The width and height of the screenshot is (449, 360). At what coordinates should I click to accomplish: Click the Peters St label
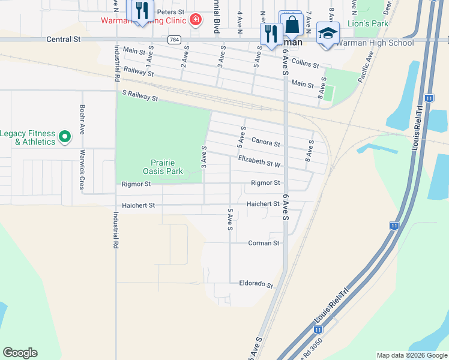coord(170,12)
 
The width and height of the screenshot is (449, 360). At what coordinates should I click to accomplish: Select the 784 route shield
coord(174,40)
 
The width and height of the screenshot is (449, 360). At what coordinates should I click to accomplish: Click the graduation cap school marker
coord(328,33)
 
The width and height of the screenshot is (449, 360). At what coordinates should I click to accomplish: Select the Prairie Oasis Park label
coord(166,166)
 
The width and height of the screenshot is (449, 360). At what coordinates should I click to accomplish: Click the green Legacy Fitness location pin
coord(64,137)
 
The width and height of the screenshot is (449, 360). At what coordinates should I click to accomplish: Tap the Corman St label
coord(264,243)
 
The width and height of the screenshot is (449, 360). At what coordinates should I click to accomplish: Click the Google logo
coord(20,353)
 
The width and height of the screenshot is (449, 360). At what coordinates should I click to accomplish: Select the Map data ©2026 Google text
coord(411,355)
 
